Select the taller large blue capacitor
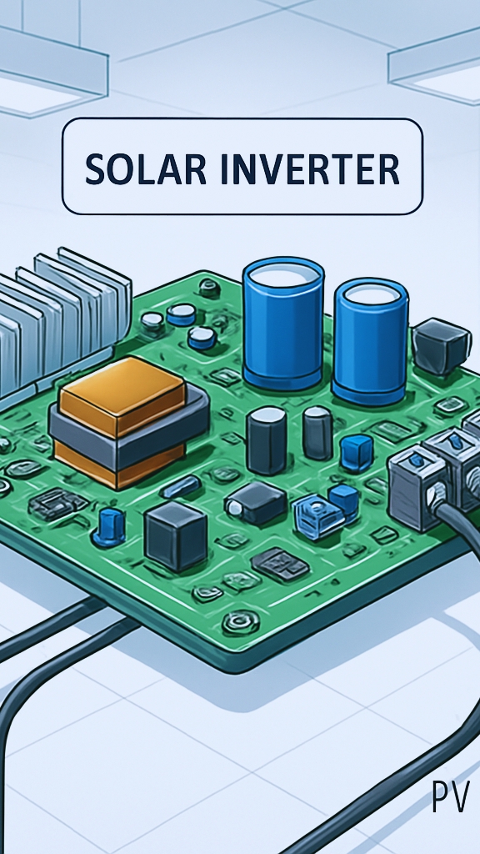point(283,324)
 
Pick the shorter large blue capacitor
point(371,342)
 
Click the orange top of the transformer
point(122,389)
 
